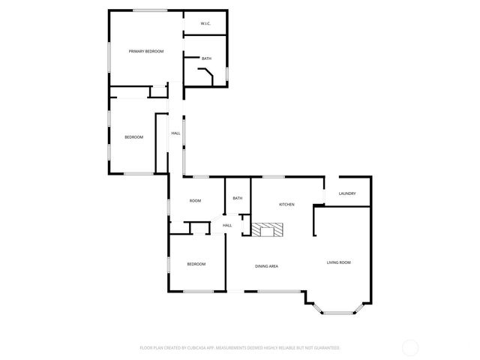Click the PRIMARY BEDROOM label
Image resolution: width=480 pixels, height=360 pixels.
(x=145, y=51)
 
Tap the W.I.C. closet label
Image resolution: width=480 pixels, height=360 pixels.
(x=205, y=24)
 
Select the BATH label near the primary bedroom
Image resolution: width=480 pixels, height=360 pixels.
(x=206, y=58)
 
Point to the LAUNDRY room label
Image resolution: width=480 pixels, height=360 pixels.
(x=346, y=193)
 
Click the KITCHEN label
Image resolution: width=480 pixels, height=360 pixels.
(x=286, y=204)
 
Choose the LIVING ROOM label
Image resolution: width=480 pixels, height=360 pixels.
(x=338, y=262)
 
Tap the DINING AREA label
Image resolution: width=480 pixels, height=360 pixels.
(x=267, y=266)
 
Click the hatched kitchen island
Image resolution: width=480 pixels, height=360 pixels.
(x=268, y=230)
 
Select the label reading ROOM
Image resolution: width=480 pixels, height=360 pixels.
(x=195, y=201)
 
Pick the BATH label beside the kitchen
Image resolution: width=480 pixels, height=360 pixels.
(x=237, y=198)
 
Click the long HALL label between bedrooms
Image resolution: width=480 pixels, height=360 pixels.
(x=175, y=133)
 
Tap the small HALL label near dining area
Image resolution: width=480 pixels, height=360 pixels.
(x=226, y=225)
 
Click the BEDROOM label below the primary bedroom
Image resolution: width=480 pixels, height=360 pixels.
(x=133, y=136)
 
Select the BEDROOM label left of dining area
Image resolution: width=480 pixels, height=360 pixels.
(x=196, y=264)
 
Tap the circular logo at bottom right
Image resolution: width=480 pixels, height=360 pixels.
(x=410, y=347)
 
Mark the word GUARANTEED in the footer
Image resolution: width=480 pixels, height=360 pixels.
(x=325, y=348)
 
